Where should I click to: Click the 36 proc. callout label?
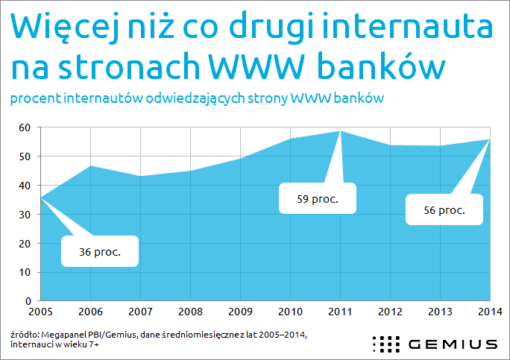point(100,252)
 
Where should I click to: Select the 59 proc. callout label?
point(318,199)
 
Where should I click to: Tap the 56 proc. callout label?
point(444,210)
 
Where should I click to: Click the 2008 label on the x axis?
point(190,312)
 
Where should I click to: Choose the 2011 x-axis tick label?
point(340,312)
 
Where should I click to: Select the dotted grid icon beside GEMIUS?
point(386,344)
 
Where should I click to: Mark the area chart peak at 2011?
point(340,131)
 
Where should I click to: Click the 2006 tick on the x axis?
point(90,312)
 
